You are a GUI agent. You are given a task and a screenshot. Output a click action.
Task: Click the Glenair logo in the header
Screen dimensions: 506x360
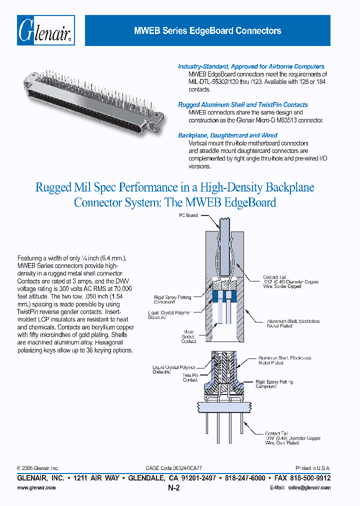point(46,31)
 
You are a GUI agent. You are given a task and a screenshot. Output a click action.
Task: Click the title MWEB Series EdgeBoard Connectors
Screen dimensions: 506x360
point(207,31)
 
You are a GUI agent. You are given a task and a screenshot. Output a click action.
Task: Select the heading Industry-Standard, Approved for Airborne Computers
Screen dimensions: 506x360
point(251,66)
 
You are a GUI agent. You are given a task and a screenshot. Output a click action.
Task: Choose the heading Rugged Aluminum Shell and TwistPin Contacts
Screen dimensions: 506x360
point(243,105)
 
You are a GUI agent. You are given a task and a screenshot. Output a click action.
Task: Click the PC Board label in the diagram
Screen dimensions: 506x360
point(188,215)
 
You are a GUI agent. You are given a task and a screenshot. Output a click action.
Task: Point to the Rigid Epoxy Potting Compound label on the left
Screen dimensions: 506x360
point(172,299)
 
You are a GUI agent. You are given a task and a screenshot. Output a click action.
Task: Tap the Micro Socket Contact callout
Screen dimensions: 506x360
point(188,336)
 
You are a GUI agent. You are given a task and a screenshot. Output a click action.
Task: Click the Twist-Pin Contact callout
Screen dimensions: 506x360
point(190,377)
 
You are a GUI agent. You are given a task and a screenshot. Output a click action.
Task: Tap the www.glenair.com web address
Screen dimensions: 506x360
point(36,487)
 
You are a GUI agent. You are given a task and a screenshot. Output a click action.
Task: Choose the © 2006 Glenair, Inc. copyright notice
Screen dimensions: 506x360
point(38,468)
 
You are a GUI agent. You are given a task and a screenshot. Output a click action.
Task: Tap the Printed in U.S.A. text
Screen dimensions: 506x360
point(312,468)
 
